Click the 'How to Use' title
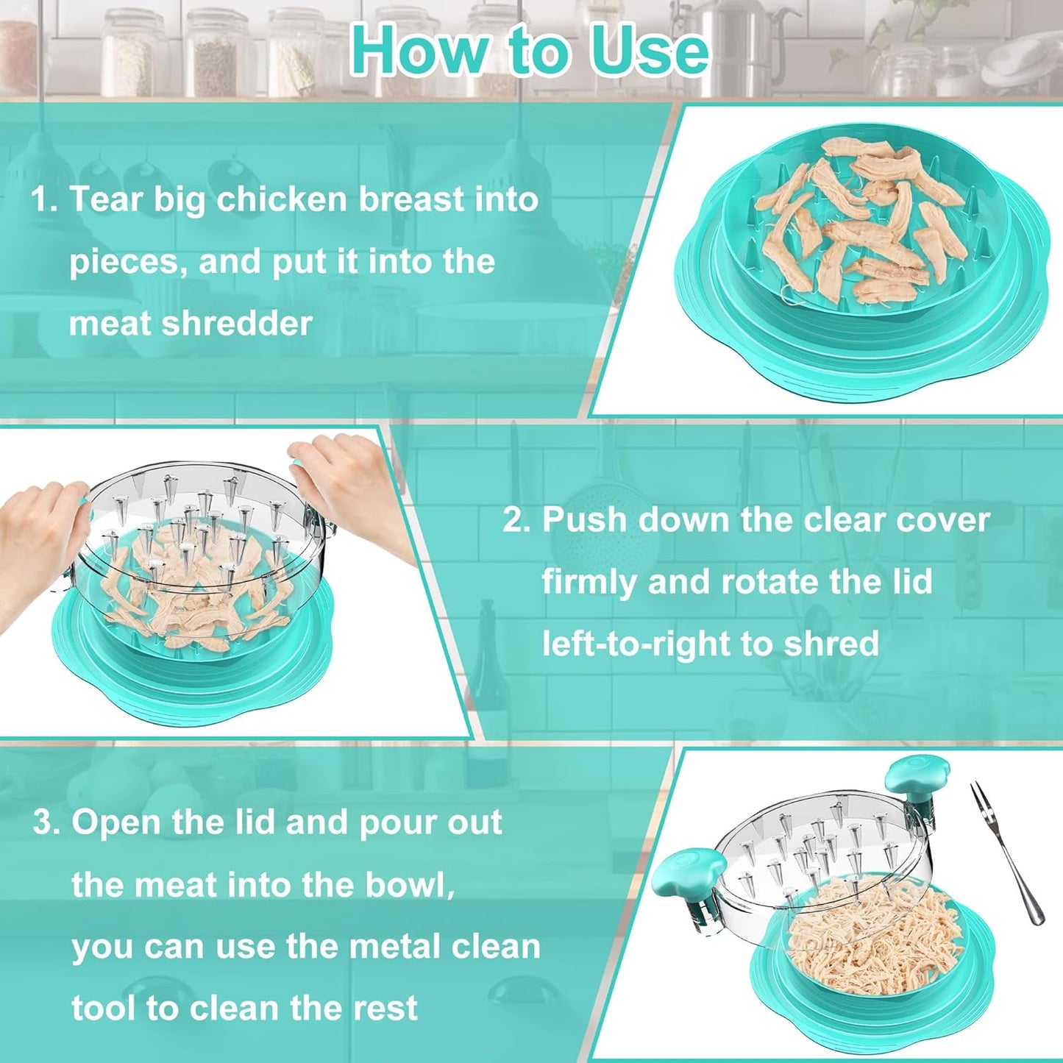click(530, 50)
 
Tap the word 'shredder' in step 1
click(238, 324)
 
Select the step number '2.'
click(516, 520)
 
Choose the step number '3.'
click(46, 822)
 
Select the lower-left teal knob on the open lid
click(678, 873)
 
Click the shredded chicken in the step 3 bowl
click(875, 934)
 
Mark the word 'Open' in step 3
click(116, 822)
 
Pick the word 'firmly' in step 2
click(589, 582)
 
